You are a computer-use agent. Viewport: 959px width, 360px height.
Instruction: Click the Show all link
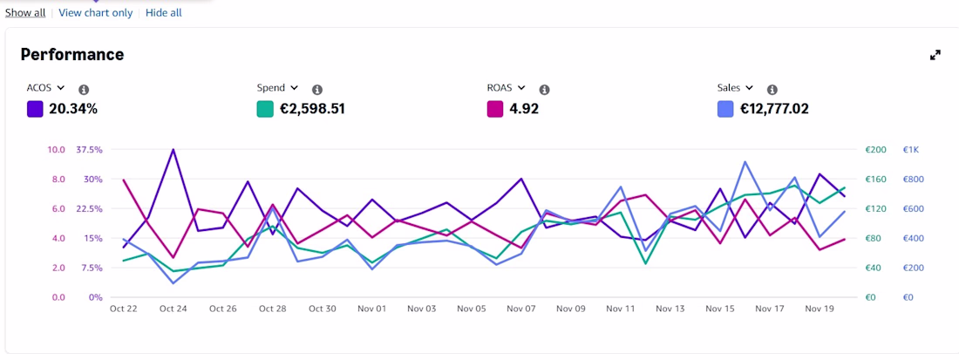coord(25,13)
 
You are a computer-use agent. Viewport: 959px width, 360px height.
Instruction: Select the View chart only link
coord(95,13)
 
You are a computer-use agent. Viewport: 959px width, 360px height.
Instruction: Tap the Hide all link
coord(163,13)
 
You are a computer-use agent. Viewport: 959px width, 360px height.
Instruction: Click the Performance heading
coord(72,54)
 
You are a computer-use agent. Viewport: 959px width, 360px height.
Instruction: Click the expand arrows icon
coord(935,55)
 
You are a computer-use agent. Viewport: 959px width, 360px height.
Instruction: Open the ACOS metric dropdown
coord(60,88)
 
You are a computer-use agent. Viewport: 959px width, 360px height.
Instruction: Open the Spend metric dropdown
coord(294,88)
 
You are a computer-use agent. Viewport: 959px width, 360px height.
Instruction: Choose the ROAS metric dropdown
coord(521,88)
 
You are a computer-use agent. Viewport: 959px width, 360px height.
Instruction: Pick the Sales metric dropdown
coord(749,88)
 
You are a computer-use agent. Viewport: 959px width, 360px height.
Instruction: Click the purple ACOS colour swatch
coord(35,110)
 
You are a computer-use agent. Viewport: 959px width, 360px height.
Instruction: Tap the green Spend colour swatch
coord(265,110)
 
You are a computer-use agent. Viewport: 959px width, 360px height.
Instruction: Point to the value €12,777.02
coord(774,110)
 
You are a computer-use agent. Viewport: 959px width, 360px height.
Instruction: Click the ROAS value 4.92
coord(524,110)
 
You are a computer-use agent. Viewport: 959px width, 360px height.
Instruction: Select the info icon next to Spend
coord(316,90)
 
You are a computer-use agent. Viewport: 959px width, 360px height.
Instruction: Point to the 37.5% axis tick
coord(89,150)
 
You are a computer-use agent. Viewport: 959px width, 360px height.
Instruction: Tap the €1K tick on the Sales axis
coord(911,150)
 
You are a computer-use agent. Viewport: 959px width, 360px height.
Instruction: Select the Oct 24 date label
coord(173,309)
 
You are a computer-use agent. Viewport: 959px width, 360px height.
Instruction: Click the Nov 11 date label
coord(621,309)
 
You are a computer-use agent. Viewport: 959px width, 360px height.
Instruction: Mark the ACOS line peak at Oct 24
coord(173,149)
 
